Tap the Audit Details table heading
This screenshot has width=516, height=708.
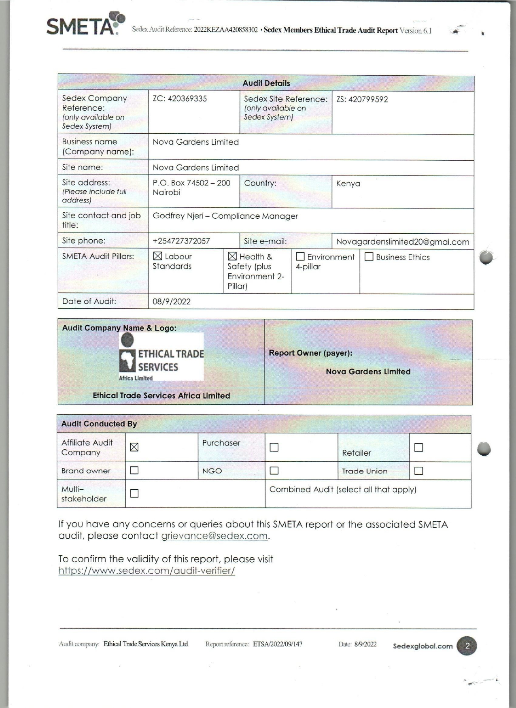coord(266,83)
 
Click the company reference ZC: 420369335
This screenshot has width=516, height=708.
coord(180,99)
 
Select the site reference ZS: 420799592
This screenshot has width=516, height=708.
coord(362,99)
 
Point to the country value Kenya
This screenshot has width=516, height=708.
coord(348,183)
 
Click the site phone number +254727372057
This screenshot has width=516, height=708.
coord(181,241)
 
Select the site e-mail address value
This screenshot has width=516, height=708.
coord(403,242)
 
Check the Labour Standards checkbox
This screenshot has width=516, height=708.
coord(157,256)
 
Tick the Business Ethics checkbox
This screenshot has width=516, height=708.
coord(369,257)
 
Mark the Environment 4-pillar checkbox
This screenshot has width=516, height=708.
coord(300,257)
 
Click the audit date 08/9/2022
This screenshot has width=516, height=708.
coord(172,302)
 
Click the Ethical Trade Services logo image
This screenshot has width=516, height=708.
coord(161,357)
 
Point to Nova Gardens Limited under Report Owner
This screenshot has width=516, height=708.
coord(368,371)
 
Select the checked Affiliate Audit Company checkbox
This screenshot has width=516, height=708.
coord(134,447)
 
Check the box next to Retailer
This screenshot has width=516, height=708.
coord(419,448)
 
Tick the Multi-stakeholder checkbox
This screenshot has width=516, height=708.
coord(134,493)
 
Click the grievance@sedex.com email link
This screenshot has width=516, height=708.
coord(214,536)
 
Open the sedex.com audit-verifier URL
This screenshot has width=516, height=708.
coord(147,571)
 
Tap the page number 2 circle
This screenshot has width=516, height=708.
coord(467,646)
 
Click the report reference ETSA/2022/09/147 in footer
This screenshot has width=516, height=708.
coord(278,644)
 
